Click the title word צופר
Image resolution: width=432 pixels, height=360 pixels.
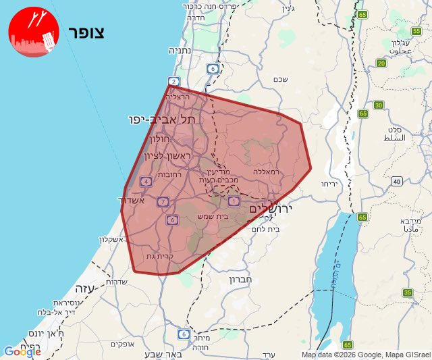coord(86,32)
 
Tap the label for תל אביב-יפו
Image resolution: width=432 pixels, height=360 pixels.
coord(164,120)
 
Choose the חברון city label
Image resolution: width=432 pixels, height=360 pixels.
coord(240,278)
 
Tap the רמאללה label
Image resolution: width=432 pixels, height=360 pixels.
coord(267,172)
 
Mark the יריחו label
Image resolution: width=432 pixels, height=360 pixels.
coord(329,184)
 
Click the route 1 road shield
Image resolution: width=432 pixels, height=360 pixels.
coord(234,201)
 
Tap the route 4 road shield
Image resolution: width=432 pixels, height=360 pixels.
coord(146,181)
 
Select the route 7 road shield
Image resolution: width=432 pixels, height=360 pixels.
coord(163,201)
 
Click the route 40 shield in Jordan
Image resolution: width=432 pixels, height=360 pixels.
coord(397,181)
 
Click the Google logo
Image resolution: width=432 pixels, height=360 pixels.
coord(22,352)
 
